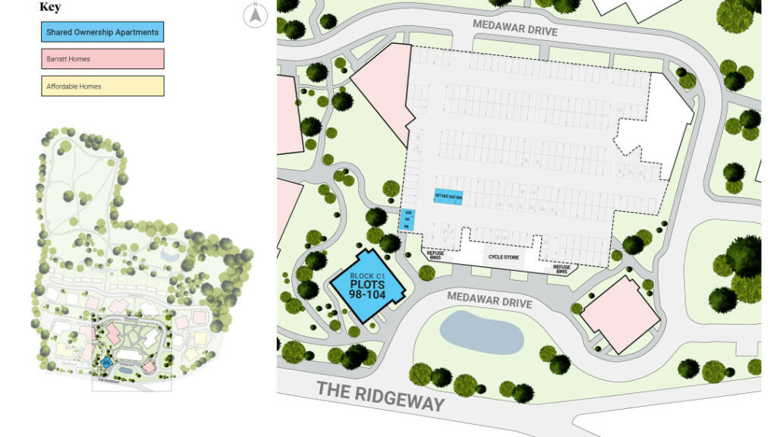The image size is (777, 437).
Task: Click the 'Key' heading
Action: click(50, 7)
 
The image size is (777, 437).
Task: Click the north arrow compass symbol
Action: click(256, 15)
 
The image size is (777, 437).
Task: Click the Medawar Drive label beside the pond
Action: click(489, 300)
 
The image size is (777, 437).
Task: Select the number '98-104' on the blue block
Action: click(368, 294)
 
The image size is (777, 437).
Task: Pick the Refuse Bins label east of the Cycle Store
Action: click(562, 269)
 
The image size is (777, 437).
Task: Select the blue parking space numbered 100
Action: click(407, 213)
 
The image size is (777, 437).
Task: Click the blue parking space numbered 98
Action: click(407, 227)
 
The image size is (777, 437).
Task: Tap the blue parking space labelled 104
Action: click(458, 196)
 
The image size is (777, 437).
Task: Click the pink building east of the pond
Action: click(619, 314)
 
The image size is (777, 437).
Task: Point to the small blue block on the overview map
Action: click(107, 363)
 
